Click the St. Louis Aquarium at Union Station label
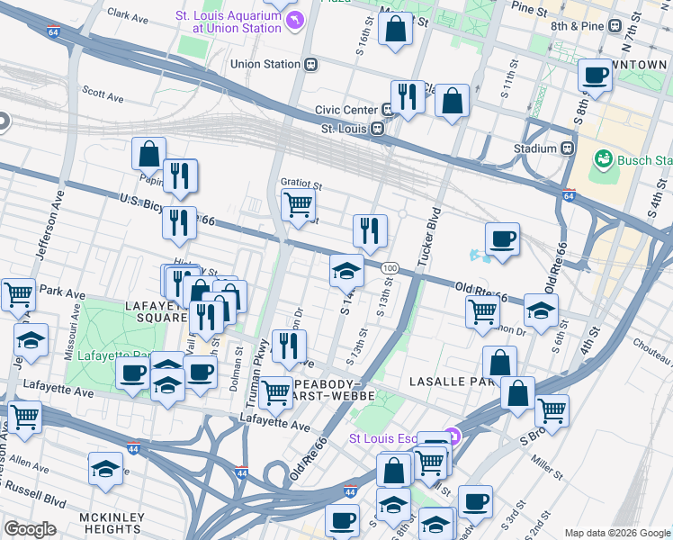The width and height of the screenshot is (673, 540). (x=229, y=22)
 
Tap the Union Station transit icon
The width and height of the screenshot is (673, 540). (x=311, y=64)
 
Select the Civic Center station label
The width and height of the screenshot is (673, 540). (x=346, y=110)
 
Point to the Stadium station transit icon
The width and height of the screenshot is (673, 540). (x=568, y=148)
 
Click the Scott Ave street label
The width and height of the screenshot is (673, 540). (x=102, y=93)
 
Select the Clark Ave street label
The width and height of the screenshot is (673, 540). (x=127, y=15)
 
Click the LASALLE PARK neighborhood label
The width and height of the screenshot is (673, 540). (x=448, y=382)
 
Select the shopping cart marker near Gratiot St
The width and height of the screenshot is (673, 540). (x=298, y=204)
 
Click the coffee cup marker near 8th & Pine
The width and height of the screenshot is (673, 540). (x=595, y=76)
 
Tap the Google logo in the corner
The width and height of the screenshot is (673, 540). (x=30, y=528)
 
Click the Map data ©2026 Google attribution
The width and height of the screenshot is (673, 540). (x=617, y=533)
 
